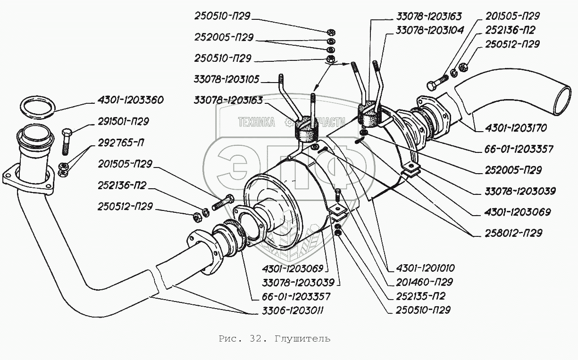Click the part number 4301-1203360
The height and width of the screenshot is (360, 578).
(131, 100)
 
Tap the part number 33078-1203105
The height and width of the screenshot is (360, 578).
(226, 79)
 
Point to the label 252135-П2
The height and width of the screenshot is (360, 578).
(417, 296)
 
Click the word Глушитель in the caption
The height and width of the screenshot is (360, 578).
(307, 339)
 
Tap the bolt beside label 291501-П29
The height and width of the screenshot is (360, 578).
(66, 140)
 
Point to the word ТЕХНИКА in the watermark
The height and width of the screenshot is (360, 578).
(257, 123)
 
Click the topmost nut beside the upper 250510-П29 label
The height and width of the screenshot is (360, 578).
(331, 32)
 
